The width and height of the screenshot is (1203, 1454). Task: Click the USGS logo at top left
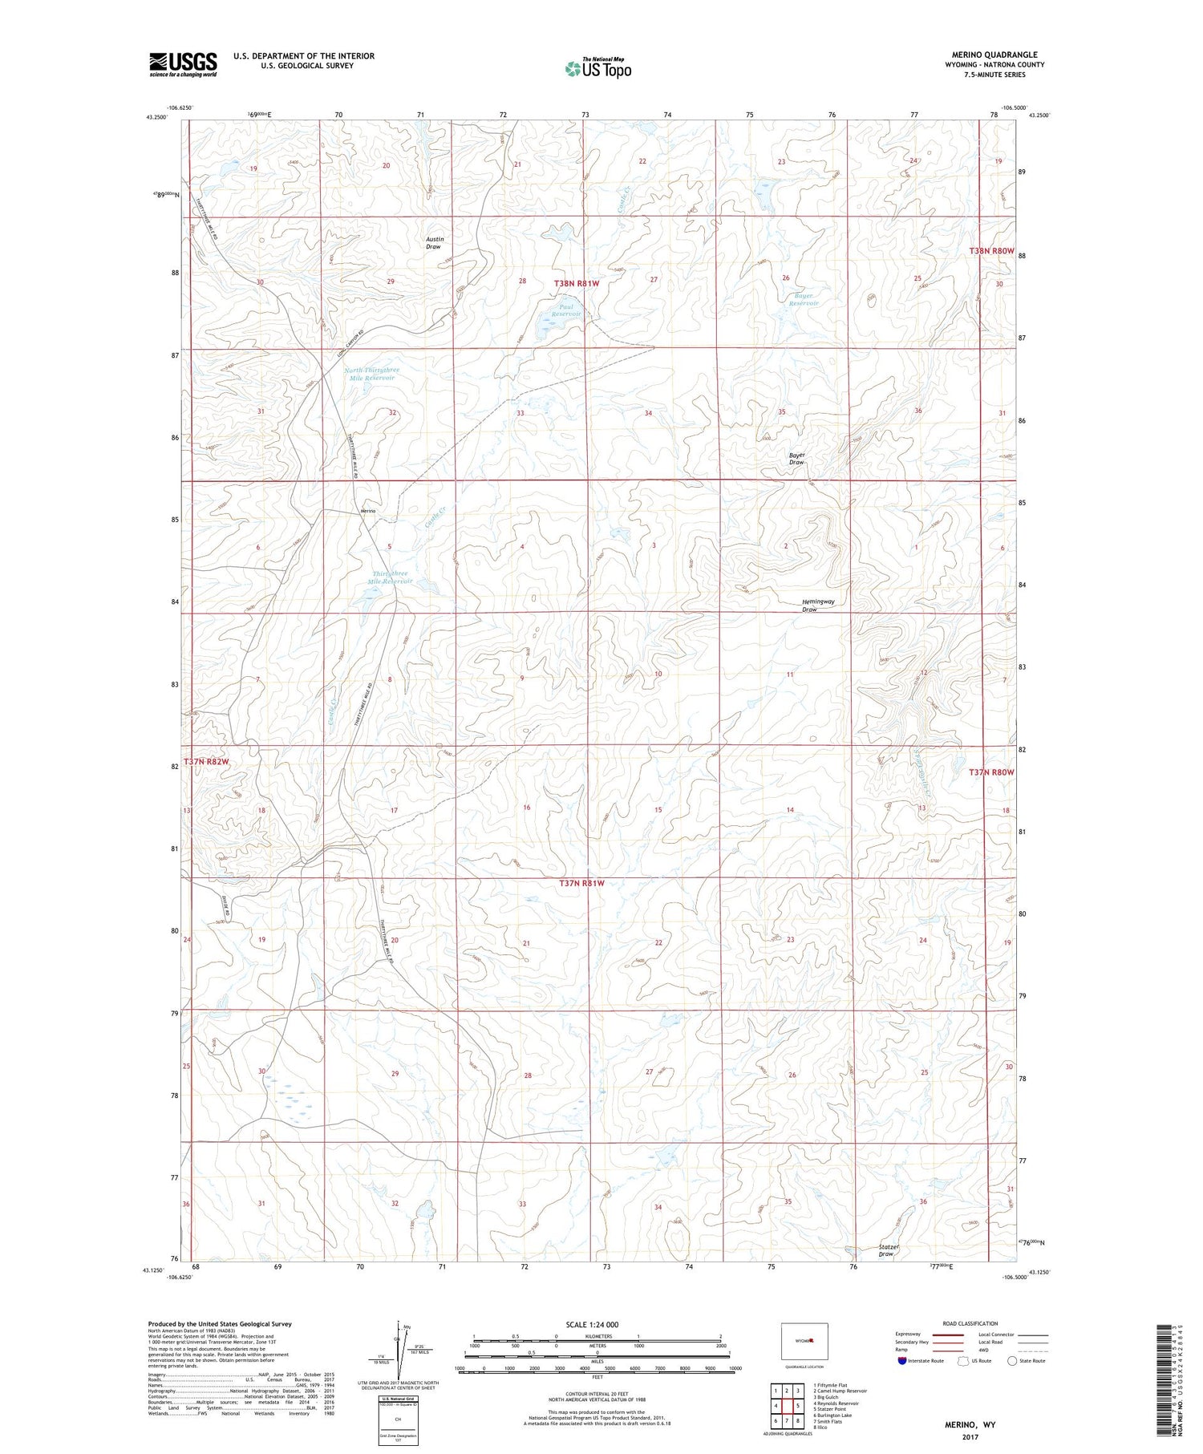click(x=183, y=64)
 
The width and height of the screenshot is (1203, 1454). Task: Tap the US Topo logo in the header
click(x=597, y=69)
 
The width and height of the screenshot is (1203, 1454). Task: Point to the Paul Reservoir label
click(x=566, y=310)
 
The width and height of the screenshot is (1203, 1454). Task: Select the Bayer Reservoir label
click(x=804, y=299)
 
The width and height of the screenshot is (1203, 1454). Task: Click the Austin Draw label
click(x=434, y=243)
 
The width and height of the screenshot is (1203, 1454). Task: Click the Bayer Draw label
click(x=796, y=459)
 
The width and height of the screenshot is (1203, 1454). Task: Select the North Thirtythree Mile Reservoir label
click(x=371, y=374)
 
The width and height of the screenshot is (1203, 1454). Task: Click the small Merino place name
click(x=368, y=511)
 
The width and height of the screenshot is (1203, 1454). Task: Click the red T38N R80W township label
click(x=991, y=251)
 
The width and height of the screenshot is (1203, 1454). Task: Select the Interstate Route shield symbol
click(x=902, y=1361)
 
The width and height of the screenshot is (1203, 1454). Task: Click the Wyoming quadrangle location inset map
click(x=804, y=1342)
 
